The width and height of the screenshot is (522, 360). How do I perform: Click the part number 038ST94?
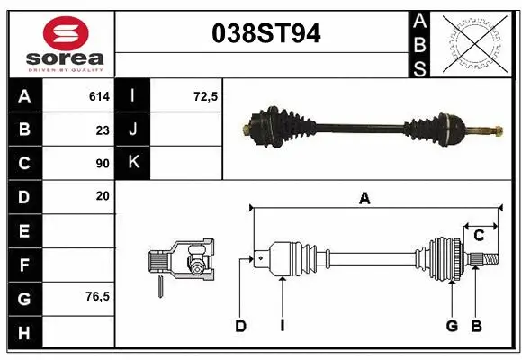click(264, 34)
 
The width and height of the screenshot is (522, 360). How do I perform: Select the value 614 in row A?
click(98, 94)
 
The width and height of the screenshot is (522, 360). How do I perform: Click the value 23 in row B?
click(102, 129)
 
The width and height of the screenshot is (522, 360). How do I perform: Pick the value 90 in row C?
click(102, 163)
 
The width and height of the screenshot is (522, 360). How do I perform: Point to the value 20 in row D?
click(102, 195)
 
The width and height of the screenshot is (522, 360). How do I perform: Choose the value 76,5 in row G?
click(96, 296)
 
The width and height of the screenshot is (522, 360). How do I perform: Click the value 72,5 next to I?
click(206, 94)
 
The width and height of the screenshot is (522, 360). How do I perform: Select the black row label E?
click(23, 231)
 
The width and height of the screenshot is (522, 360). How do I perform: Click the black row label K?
click(133, 163)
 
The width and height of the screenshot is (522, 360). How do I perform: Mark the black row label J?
click(133, 129)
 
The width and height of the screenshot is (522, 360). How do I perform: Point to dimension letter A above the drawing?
click(364, 199)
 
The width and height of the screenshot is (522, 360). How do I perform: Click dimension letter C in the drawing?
click(479, 235)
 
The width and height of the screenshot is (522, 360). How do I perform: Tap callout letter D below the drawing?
click(240, 326)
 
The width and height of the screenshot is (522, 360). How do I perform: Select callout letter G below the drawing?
click(452, 326)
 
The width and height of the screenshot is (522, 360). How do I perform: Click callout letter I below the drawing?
click(282, 326)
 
